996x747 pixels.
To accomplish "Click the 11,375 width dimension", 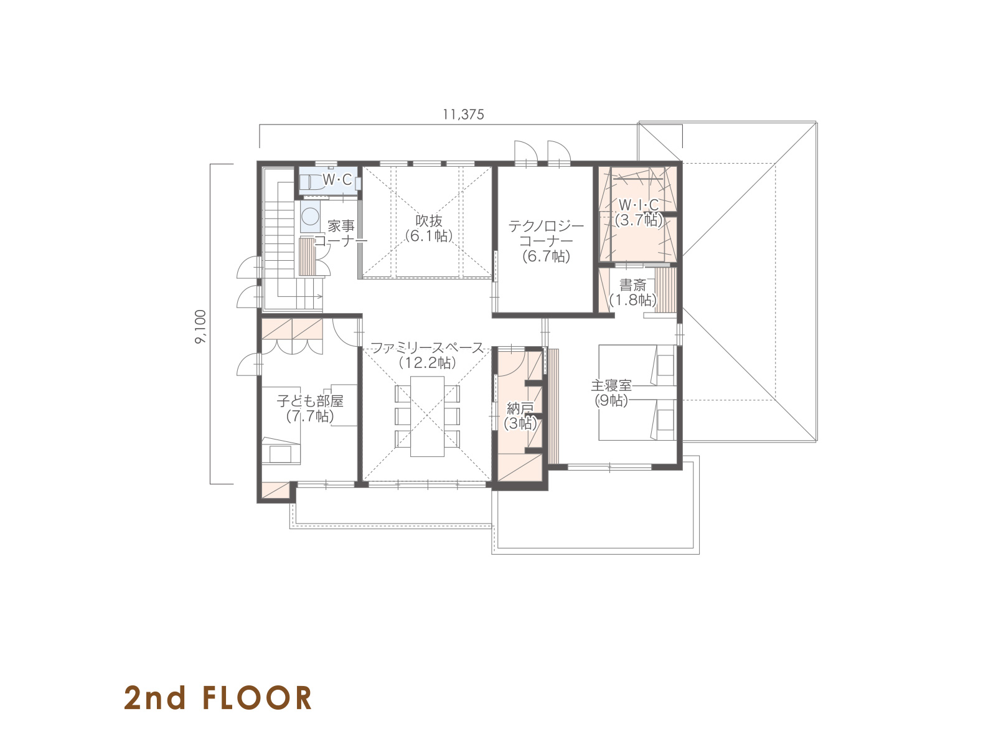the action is pyautogui.click(x=463, y=115).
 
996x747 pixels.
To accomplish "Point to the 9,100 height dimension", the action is pyautogui.click(x=200, y=326).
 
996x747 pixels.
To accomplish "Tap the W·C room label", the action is pyautogui.click(x=337, y=180).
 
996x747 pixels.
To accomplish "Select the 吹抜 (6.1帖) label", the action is pyautogui.click(x=428, y=228).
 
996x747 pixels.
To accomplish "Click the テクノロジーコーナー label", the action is pyautogui.click(x=546, y=241).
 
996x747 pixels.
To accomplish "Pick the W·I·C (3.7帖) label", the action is pyautogui.click(x=639, y=212).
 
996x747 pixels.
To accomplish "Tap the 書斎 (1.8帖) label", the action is pyautogui.click(x=632, y=292).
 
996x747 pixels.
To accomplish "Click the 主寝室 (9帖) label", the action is pyautogui.click(x=611, y=393).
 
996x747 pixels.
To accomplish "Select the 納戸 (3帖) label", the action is pyautogui.click(x=520, y=415).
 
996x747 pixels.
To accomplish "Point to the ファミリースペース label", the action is pyautogui.click(x=428, y=348).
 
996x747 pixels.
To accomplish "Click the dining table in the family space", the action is pyautogui.click(x=427, y=416).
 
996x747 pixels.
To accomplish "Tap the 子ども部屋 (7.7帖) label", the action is pyautogui.click(x=310, y=408).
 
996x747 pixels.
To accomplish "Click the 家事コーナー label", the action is pyautogui.click(x=341, y=233).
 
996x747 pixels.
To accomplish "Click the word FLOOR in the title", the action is pyautogui.click(x=257, y=698).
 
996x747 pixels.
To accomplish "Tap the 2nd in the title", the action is pyautogui.click(x=155, y=698).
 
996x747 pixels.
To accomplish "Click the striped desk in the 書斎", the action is pyautogui.click(x=665, y=290).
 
